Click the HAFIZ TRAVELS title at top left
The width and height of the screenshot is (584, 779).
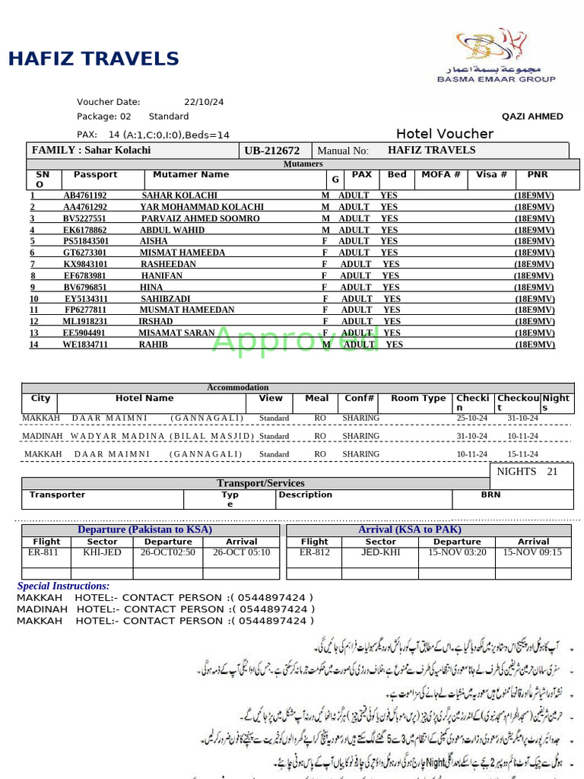[x=94, y=59]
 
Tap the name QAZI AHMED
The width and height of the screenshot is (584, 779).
[x=532, y=116]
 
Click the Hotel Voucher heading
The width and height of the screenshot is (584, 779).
[x=444, y=134]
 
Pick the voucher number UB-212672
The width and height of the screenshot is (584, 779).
[x=272, y=151]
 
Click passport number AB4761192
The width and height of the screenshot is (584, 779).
[x=85, y=196]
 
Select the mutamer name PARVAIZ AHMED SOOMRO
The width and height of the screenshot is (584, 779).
[x=201, y=218]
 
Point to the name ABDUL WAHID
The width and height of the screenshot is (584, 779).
[x=173, y=230]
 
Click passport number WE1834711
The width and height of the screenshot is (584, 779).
[x=85, y=345]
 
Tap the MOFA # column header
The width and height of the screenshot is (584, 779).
[x=441, y=175]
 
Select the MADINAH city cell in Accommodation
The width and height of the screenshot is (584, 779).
[x=43, y=436]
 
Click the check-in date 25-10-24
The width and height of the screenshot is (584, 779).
[x=471, y=418]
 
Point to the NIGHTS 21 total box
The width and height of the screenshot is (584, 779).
[x=527, y=472]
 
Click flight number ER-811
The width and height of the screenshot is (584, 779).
[x=43, y=552]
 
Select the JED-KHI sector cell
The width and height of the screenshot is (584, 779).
[x=380, y=552]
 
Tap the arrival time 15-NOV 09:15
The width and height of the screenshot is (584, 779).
[x=533, y=552]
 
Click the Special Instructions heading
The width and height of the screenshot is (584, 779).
[x=63, y=586]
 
